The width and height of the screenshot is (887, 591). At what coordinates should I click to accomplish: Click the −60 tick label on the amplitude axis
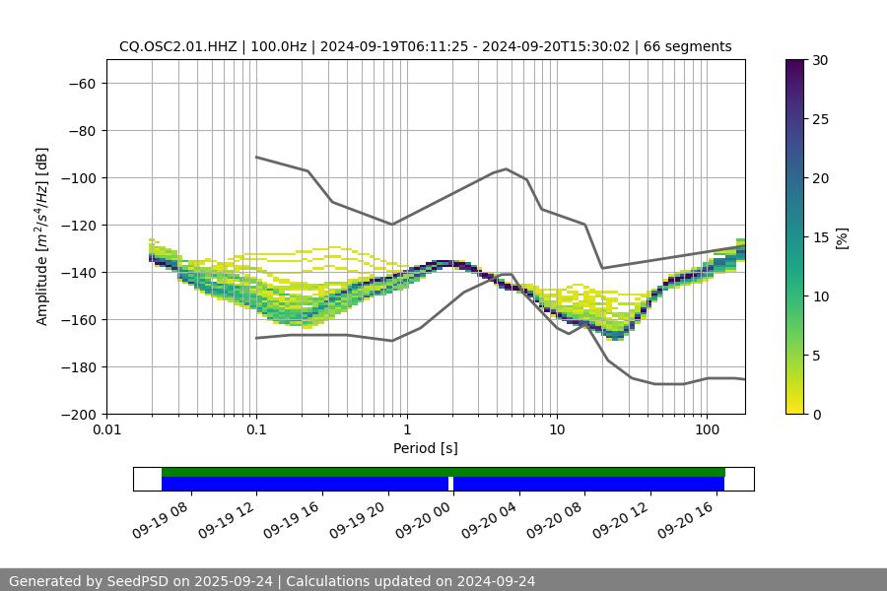click(x=81, y=83)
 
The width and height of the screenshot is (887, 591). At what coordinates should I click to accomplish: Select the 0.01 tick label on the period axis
click(x=106, y=430)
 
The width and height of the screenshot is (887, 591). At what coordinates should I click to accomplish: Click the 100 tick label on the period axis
click(x=707, y=430)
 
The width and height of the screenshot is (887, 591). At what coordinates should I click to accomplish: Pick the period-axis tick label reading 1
click(x=406, y=430)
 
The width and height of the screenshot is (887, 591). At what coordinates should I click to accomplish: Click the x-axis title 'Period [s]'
click(x=425, y=448)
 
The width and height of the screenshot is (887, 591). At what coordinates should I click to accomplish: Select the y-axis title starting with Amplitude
click(x=42, y=236)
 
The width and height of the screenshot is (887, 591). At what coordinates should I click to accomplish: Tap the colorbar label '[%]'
click(x=842, y=236)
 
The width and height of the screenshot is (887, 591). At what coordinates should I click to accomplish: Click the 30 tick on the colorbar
click(x=820, y=60)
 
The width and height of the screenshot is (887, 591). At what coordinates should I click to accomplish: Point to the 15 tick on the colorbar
click(x=820, y=236)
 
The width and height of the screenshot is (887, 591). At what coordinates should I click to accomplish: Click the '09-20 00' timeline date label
click(x=422, y=518)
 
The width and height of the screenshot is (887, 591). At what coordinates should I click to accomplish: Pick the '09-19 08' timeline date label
click(x=160, y=518)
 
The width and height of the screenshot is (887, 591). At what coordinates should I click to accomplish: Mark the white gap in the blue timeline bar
click(x=450, y=484)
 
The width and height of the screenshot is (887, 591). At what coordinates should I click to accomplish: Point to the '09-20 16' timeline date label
click(x=684, y=518)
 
